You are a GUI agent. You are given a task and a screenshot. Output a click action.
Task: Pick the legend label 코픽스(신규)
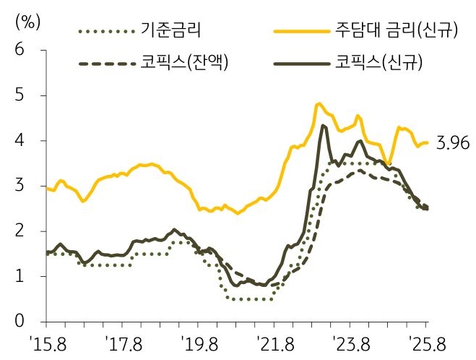(378, 64)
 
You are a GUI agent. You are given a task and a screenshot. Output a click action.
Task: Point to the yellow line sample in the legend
(301, 31)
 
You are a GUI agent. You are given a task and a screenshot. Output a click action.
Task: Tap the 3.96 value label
(452, 143)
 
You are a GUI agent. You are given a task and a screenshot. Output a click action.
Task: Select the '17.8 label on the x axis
(121, 342)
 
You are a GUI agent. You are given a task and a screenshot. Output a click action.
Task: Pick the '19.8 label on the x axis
(197, 342)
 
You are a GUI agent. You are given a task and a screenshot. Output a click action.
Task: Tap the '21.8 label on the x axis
(273, 342)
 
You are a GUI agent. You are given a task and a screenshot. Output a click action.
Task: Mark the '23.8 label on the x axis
(350, 342)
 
